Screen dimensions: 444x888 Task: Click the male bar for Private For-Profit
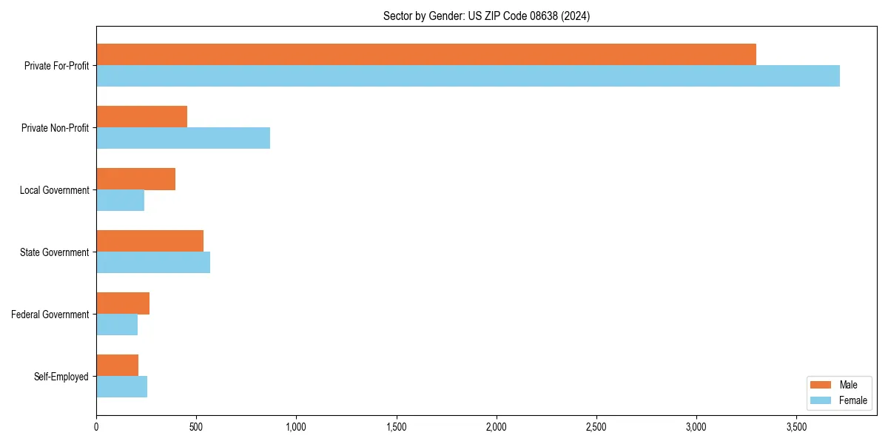coord(426,54)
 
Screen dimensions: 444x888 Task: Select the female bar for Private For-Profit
coord(468,75)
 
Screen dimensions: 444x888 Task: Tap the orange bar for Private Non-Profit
coord(141,116)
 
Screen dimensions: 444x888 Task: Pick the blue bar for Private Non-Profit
coord(183,138)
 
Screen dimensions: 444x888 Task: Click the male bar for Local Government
coord(135,178)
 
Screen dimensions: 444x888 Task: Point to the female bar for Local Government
coord(120,200)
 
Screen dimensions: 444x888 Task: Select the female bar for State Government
coord(153,262)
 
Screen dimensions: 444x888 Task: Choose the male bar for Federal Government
coord(123,303)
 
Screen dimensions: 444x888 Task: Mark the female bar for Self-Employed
coord(121,386)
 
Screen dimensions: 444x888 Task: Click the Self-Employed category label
coord(61,377)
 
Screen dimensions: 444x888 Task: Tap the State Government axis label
coord(54,252)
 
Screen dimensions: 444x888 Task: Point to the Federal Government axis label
coord(50,314)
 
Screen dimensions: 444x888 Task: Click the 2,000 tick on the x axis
coord(497,427)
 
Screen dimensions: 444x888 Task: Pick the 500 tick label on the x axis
coord(196,427)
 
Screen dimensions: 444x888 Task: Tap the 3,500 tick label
coord(796,427)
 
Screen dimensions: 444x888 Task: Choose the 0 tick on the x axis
coord(96,427)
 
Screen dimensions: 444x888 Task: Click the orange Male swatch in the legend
coord(821,385)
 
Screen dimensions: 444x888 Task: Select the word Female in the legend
coord(852,400)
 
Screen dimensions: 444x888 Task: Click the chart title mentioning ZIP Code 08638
coord(486,16)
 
